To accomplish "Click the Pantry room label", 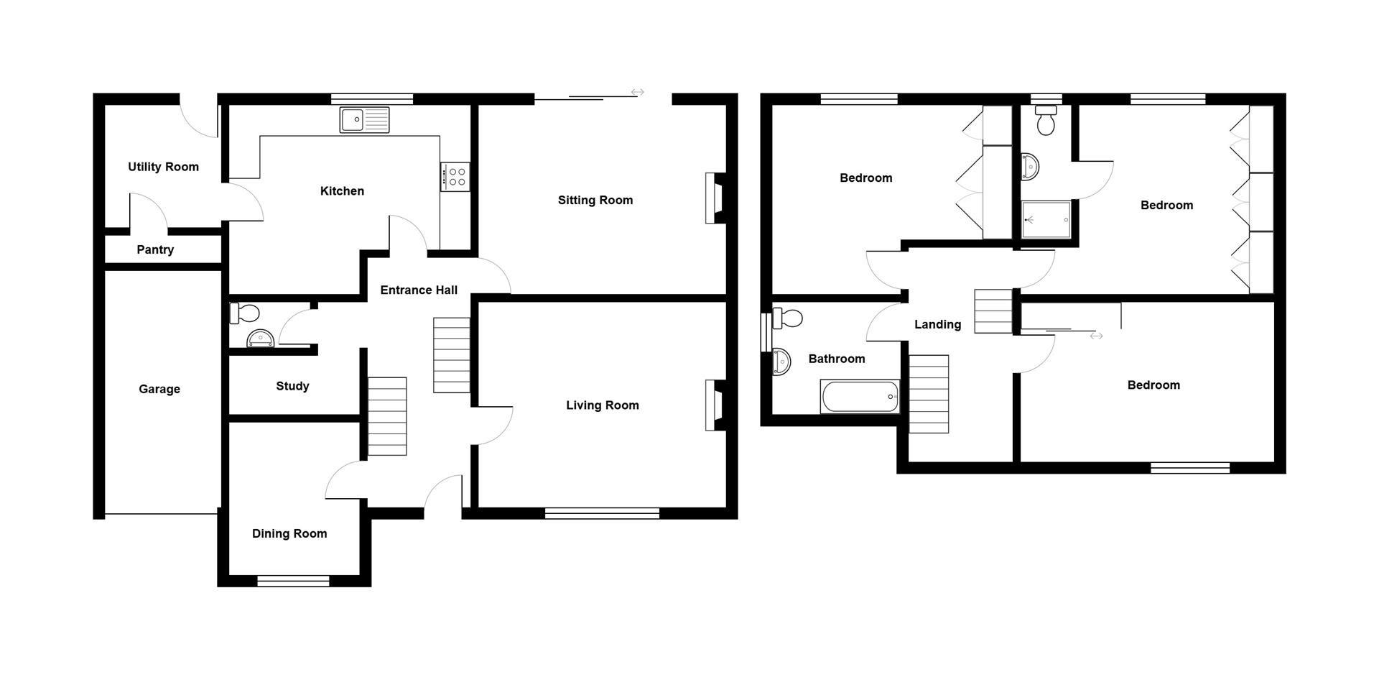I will pyautogui.click(x=155, y=250).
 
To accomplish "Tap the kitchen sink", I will pyautogui.click(x=365, y=120).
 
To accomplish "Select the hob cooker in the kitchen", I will pyautogui.click(x=455, y=177).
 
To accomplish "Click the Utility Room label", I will pyautogui.click(x=163, y=167).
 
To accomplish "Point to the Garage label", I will pyautogui.click(x=159, y=390).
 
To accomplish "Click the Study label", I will pyautogui.click(x=292, y=387).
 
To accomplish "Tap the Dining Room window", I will pyautogui.click(x=293, y=581).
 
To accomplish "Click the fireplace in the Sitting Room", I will pyautogui.click(x=715, y=198).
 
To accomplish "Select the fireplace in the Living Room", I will pyautogui.click(x=715, y=405).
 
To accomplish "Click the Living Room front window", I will pyautogui.click(x=602, y=513).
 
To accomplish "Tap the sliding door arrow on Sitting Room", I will pyautogui.click(x=637, y=92).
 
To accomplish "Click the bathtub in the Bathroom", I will pyautogui.click(x=860, y=397).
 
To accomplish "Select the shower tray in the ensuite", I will pyautogui.click(x=1046, y=219).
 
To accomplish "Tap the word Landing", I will pyautogui.click(x=937, y=325).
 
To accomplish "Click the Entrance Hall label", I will pyautogui.click(x=419, y=290).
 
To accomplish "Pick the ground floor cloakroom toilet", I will pyautogui.click(x=244, y=313).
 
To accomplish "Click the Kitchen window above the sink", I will pyautogui.click(x=372, y=99).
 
